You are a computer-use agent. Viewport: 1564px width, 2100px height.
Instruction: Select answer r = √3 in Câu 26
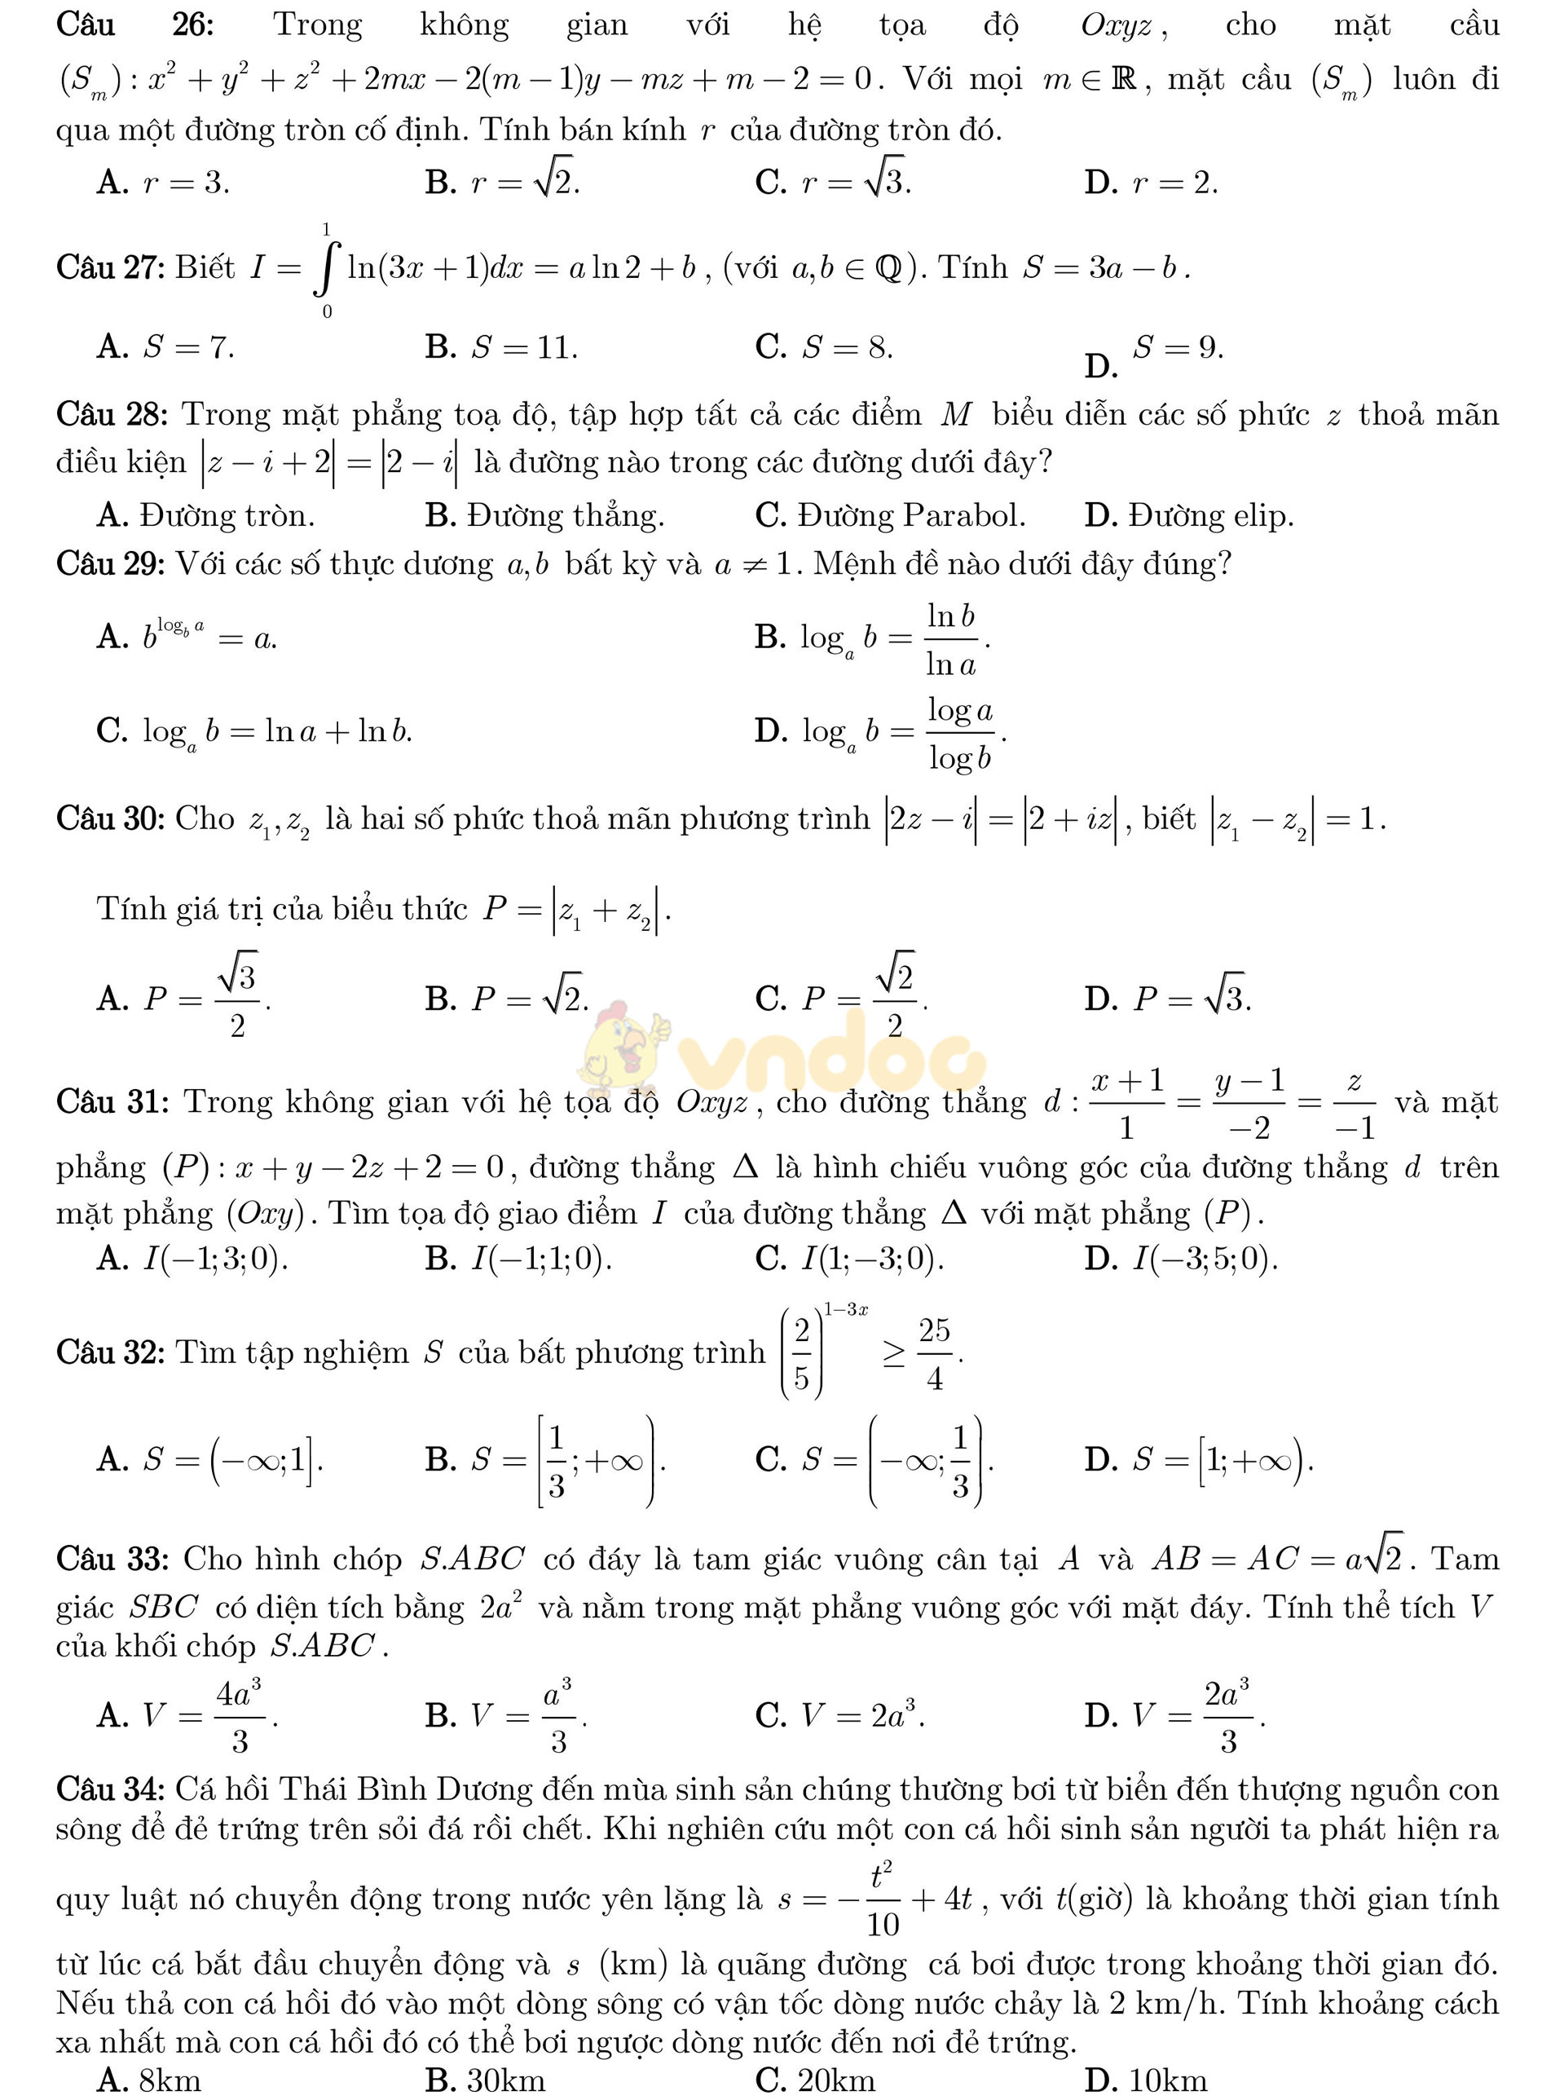[833, 181]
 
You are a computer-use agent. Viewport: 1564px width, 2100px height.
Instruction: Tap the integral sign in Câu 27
[327, 270]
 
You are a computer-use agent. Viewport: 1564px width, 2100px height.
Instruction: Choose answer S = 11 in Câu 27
[502, 347]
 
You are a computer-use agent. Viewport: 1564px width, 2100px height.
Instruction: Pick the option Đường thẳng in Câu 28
[545, 516]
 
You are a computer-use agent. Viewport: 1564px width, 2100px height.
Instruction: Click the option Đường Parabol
[890, 516]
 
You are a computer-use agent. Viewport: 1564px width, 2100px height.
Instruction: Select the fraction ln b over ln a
[950, 640]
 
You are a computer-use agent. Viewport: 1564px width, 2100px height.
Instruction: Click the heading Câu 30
[112, 818]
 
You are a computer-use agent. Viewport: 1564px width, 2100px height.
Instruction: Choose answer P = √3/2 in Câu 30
[185, 997]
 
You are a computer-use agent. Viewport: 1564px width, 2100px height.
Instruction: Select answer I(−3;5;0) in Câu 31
[1182, 1260]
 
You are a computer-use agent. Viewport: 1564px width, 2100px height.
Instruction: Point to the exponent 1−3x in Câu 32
[845, 1310]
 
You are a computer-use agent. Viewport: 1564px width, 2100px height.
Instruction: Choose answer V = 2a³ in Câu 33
[841, 1715]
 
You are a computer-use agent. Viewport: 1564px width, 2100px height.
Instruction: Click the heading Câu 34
[112, 1789]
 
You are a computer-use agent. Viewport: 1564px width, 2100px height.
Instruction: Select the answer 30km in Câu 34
[486, 2080]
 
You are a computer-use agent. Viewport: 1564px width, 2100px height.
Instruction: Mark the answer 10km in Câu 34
[1146, 2080]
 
